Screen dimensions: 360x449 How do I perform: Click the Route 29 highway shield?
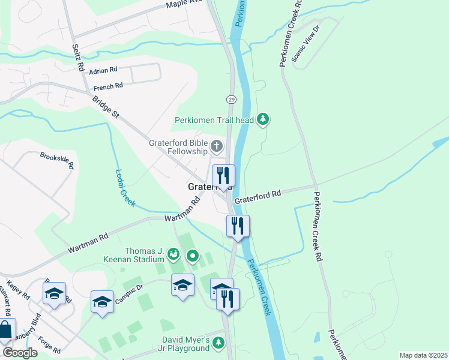(231, 98)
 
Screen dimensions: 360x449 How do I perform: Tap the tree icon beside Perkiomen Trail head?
(262, 120)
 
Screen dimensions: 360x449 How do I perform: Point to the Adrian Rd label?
(102, 71)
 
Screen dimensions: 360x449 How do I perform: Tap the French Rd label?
(107, 86)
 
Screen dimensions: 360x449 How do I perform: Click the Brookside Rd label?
(57, 160)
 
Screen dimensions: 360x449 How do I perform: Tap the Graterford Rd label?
(258, 196)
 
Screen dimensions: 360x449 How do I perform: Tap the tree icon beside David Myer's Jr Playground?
(218, 343)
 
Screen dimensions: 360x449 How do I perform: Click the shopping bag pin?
(6, 330)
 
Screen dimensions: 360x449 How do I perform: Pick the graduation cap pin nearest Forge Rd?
(55, 293)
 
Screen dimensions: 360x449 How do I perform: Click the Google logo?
(20, 353)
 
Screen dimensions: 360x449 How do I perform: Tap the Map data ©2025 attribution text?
(423, 355)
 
